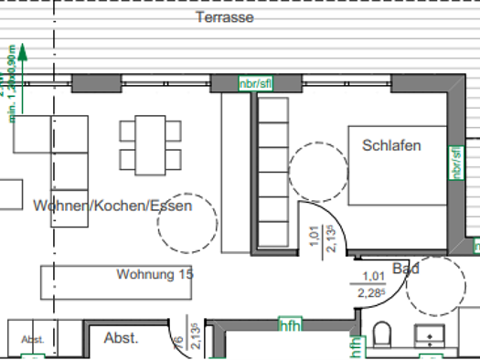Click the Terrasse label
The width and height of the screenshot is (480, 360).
click(x=224, y=17)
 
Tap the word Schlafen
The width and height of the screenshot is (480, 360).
click(x=392, y=145)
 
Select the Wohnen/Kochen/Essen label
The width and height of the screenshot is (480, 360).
click(x=112, y=206)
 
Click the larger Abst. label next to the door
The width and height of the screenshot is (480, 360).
click(x=122, y=338)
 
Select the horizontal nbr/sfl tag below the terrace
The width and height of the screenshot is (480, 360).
click(x=255, y=85)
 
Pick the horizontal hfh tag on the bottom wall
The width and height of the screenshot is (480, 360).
click(x=290, y=325)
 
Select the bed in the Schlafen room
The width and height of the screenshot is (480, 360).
click(x=398, y=164)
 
